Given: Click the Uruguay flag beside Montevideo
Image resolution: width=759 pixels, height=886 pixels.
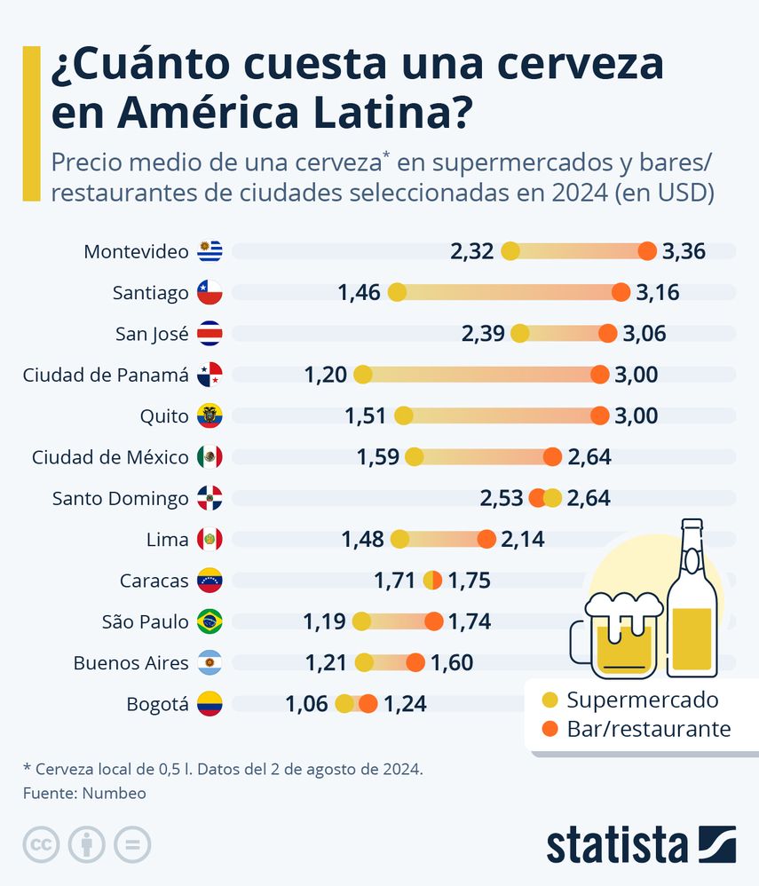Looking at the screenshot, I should coord(210,251).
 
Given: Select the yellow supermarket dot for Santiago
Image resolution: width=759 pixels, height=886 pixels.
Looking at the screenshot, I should coord(398,292).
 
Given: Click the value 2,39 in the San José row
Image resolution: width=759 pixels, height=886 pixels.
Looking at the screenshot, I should coord(483,334).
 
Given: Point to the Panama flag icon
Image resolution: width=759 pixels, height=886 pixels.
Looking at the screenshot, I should coord(210,375).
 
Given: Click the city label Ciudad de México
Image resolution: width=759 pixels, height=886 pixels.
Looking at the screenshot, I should coord(110,457).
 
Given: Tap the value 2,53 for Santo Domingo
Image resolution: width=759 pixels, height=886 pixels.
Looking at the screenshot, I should coord(502,498).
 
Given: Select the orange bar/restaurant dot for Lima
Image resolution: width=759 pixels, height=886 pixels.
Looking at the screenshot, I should coord(486,539).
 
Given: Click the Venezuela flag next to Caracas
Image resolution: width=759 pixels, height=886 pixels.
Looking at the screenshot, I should coord(210,581).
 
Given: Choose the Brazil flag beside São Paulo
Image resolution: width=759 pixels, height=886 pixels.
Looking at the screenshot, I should coord(210,621).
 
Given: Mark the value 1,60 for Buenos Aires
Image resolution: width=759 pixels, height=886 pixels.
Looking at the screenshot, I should coord(452,662).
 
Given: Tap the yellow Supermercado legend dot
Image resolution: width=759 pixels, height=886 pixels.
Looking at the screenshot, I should coord(550,700).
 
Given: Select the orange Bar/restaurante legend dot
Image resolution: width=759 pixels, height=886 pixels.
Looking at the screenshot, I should coord(550,729).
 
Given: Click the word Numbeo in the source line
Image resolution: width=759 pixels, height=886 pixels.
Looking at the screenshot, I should coord(114,793).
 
